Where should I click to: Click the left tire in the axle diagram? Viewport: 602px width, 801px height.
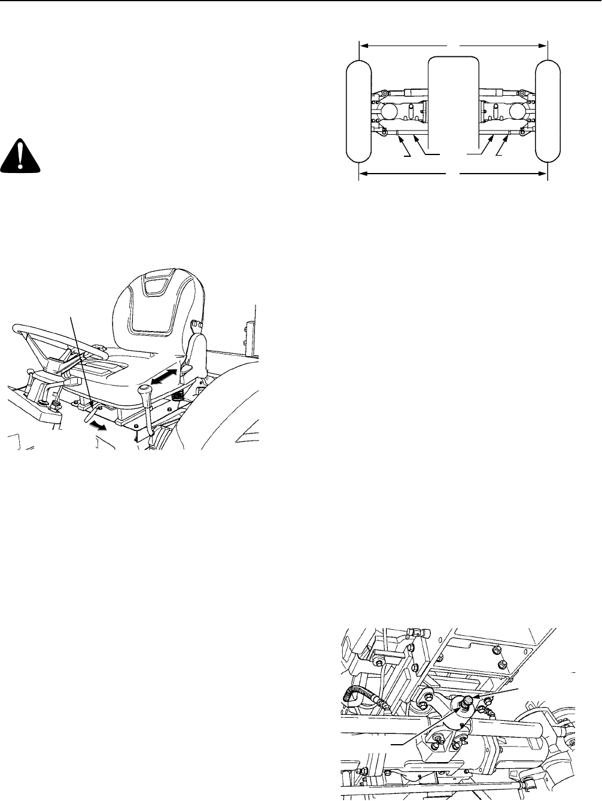[358, 111]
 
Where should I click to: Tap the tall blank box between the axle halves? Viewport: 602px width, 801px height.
[453, 99]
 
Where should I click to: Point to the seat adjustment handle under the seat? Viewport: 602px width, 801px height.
[91, 411]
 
